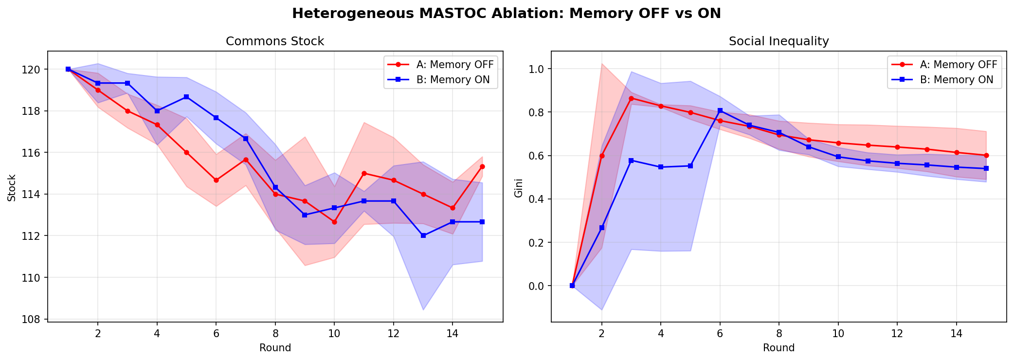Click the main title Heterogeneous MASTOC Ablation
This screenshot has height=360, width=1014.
507,13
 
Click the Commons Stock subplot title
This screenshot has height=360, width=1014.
275,41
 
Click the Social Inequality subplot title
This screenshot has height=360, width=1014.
779,41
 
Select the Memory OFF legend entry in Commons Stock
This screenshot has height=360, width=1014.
454,65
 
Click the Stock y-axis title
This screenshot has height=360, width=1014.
12,188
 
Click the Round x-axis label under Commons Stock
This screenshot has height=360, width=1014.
275,348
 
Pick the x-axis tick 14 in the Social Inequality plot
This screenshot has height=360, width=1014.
956,334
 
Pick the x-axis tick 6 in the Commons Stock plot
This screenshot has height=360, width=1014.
216,334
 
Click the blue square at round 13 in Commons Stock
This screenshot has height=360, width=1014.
423,235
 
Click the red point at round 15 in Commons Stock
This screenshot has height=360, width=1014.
482,166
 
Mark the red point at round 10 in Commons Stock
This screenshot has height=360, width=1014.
334,222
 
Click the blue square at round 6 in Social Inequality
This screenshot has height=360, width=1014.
720,110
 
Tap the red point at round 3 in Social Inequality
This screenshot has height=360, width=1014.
631,98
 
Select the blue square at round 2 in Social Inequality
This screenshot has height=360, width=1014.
602,228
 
